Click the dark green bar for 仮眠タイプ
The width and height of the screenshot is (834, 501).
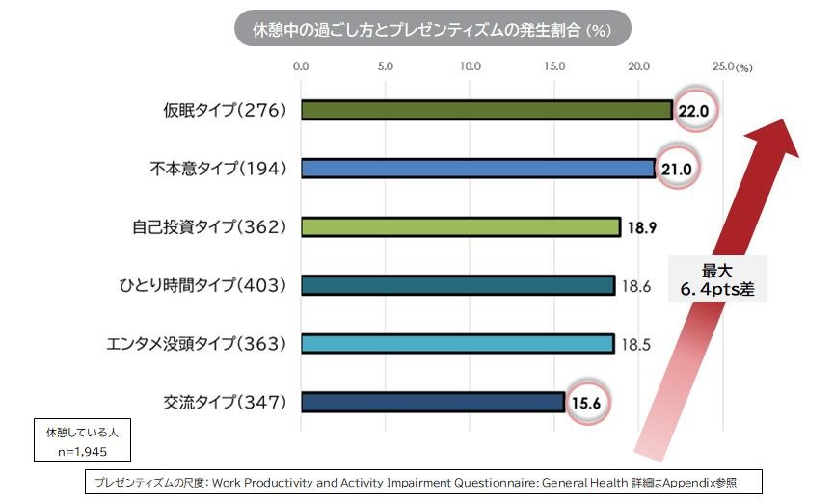[486, 110]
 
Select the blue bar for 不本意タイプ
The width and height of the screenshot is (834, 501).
[478, 169]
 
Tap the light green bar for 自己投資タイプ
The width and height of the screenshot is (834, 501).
[460, 226]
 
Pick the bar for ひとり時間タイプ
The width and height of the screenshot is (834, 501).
[457, 285]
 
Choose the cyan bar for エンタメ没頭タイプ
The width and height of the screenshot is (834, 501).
[457, 343]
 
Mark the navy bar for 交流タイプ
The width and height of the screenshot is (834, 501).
[432, 402]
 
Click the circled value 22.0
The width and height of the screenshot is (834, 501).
[693, 111]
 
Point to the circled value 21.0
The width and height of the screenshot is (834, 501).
[676, 170]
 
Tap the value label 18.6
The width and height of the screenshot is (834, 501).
[635, 286]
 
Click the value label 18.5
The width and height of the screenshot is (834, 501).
[635, 344]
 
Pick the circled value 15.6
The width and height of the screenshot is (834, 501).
[585, 403]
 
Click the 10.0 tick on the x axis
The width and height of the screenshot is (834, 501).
[471, 66]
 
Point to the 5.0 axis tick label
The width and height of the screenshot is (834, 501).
[386, 66]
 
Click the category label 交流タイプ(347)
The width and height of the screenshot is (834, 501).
[226, 402]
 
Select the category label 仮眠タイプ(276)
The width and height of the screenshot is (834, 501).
[226, 110]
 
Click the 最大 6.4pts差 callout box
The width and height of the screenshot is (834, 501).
[717, 278]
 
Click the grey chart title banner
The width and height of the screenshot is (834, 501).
[433, 30]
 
